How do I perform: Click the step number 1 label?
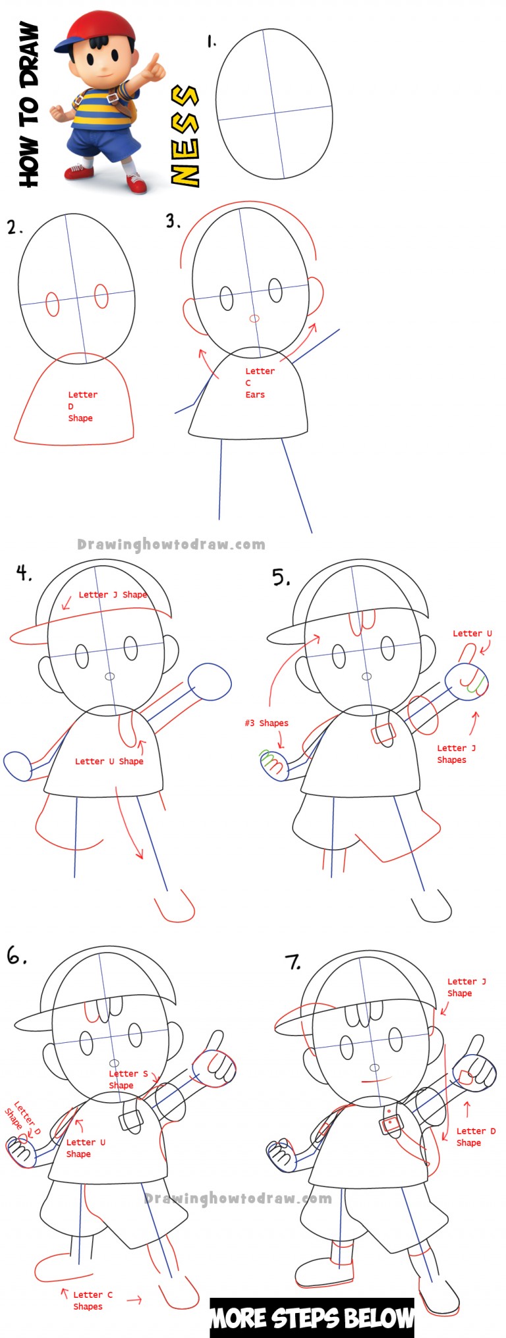(x=211, y=42)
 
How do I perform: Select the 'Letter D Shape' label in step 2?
(x=82, y=406)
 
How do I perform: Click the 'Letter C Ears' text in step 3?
(x=259, y=383)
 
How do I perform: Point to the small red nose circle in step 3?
(x=254, y=319)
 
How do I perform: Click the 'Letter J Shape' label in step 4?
(x=112, y=595)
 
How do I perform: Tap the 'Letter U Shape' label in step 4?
(x=109, y=762)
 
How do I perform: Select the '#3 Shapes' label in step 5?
(x=266, y=723)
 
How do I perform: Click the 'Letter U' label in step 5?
(x=472, y=634)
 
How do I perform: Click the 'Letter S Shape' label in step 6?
(x=128, y=1079)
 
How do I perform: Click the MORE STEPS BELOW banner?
(x=312, y=1318)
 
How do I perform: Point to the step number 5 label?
(x=281, y=578)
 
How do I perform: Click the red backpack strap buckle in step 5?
(x=383, y=733)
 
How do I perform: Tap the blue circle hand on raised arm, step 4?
(x=210, y=682)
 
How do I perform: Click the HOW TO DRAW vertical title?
(x=28, y=105)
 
